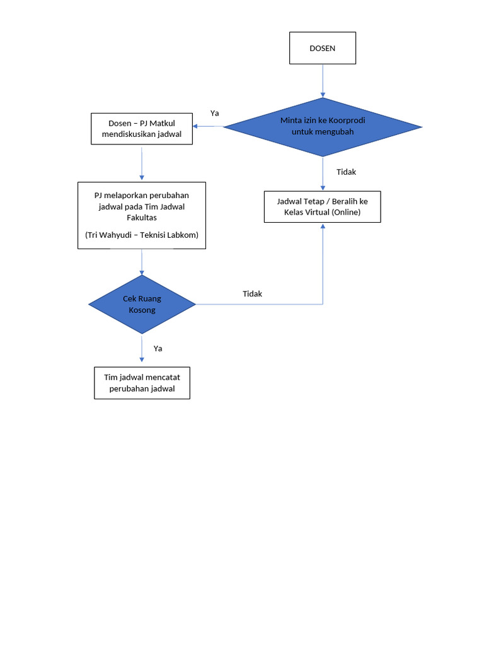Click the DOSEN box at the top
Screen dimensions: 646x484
tap(322, 48)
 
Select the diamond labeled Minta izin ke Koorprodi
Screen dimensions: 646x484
tap(323, 127)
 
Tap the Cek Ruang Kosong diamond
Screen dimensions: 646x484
tap(142, 304)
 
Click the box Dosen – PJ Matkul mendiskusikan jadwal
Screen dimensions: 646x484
tap(142, 129)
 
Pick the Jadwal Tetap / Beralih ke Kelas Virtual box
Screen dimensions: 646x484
tap(322, 206)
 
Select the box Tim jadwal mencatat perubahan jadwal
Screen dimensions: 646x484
tap(142, 382)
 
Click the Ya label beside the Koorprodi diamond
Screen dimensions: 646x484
tap(215, 114)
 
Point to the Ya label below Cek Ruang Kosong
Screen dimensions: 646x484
tap(158, 348)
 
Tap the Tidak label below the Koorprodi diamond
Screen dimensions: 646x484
tap(346, 172)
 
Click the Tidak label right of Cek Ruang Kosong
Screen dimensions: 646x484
tap(252, 294)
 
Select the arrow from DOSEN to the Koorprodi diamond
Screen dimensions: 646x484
tap(323, 81)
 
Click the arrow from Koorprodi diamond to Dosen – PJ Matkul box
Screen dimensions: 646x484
tap(208, 127)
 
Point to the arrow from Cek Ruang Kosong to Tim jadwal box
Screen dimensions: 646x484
tap(142, 349)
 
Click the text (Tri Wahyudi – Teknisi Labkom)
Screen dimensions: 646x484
tap(142, 235)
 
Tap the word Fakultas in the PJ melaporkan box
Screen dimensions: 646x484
tap(142, 218)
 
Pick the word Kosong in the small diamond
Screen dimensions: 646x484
tap(142, 310)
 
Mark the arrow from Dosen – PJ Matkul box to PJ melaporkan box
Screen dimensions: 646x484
tap(142, 163)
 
